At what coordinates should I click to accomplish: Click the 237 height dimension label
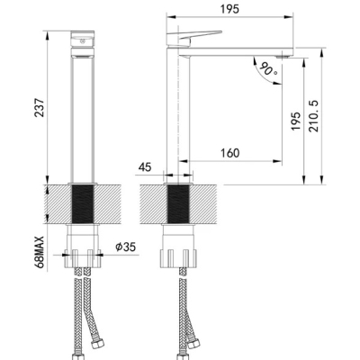(x=40, y=108)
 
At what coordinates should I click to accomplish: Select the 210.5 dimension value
(x=314, y=116)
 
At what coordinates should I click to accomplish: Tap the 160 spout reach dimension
(x=230, y=153)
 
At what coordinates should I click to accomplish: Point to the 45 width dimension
(x=145, y=167)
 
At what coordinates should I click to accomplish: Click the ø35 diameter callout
(x=126, y=247)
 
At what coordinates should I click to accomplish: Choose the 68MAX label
(x=40, y=252)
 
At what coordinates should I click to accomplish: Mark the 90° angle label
(x=268, y=69)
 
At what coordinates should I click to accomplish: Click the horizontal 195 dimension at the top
(x=229, y=9)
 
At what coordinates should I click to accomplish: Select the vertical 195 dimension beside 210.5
(x=296, y=121)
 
